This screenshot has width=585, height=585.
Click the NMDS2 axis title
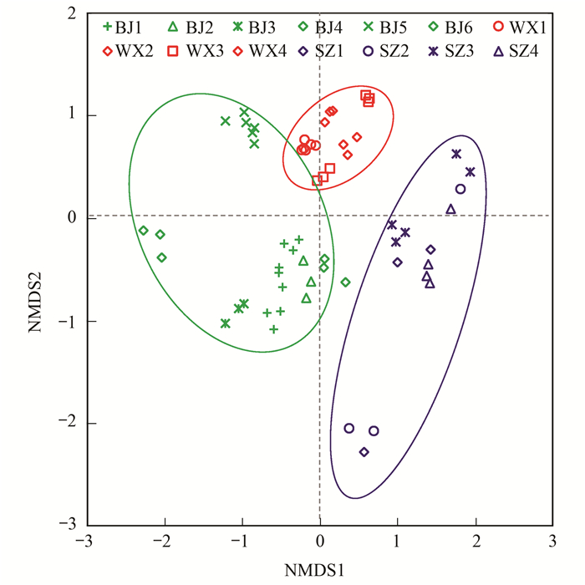tap(35, 269)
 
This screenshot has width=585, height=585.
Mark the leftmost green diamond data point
tap(143, 231)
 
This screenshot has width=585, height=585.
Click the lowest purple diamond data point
tap(364, 452)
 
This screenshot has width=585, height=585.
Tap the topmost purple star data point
tap(456, 154)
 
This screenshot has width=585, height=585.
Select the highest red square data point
tap(365, 95)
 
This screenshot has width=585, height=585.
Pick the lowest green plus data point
tap(273, 329)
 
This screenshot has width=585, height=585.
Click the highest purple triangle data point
tap(450, 209)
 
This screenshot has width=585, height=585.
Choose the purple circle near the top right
tap(460, 189)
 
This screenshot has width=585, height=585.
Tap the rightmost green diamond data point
tap(345, 282)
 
